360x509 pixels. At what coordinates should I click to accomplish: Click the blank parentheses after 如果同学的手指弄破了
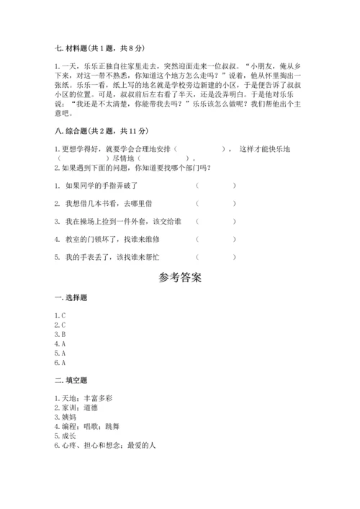(215, 185)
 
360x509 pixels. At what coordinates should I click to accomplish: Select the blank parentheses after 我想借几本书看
(215, 204)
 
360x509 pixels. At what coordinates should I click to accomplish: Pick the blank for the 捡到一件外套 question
(215, 222)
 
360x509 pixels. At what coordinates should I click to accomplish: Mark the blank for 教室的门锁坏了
(215, 239)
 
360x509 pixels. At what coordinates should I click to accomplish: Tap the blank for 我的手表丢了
(215, 257)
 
